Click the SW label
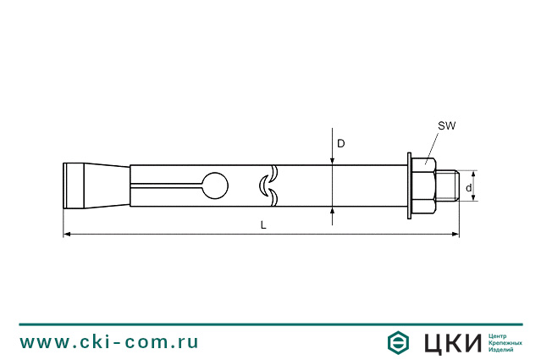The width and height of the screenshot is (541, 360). click(x=447, y=126)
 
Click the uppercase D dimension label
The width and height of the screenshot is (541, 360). click(x=341, y=144)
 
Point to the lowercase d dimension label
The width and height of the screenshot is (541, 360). click(x=468, y=188)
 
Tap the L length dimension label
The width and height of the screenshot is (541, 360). click(x=263, y=225)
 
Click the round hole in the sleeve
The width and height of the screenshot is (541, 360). click(x=215, y=186)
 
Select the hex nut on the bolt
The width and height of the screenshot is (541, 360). click(x=423, y=186)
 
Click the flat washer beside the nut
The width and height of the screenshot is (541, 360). click(x=410, y=186)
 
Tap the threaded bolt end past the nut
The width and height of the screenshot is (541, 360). click(x=447, y=186)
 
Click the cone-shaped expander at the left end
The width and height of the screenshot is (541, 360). click(x=97, y=186)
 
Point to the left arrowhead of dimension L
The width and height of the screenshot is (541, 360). click(x=67, y=235)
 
